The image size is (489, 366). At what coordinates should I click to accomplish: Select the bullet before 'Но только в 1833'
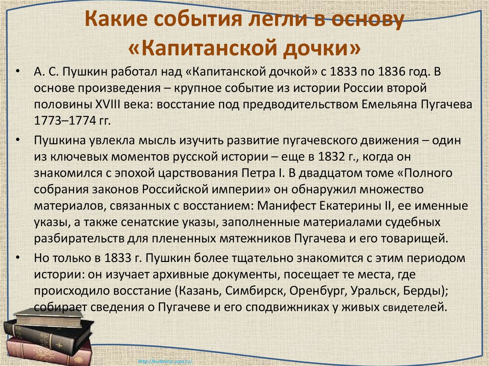click(18, 257)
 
